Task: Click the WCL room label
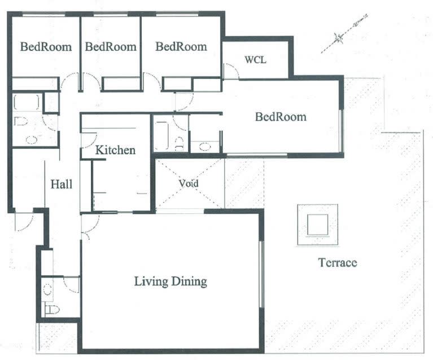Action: coord(255,60)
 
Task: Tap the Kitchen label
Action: coord(115,150)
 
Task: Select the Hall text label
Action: coord(62,184)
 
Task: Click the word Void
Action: coord(189,183)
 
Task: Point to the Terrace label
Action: coord(338,262)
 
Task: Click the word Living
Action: coord(151,282)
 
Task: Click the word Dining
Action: coord(189,282)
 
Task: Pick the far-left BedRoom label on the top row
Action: coord(46,46)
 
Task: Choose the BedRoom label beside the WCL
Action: coord(181,46)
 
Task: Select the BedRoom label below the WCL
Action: coord(281,117)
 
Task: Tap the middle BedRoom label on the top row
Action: coord(111,46)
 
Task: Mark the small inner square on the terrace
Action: coord(318,225)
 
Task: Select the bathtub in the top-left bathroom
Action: coord(27,103)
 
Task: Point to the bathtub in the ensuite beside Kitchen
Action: coord(161,135)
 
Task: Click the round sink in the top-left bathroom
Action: coord(32,140)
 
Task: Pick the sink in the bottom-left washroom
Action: coord(48,290)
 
